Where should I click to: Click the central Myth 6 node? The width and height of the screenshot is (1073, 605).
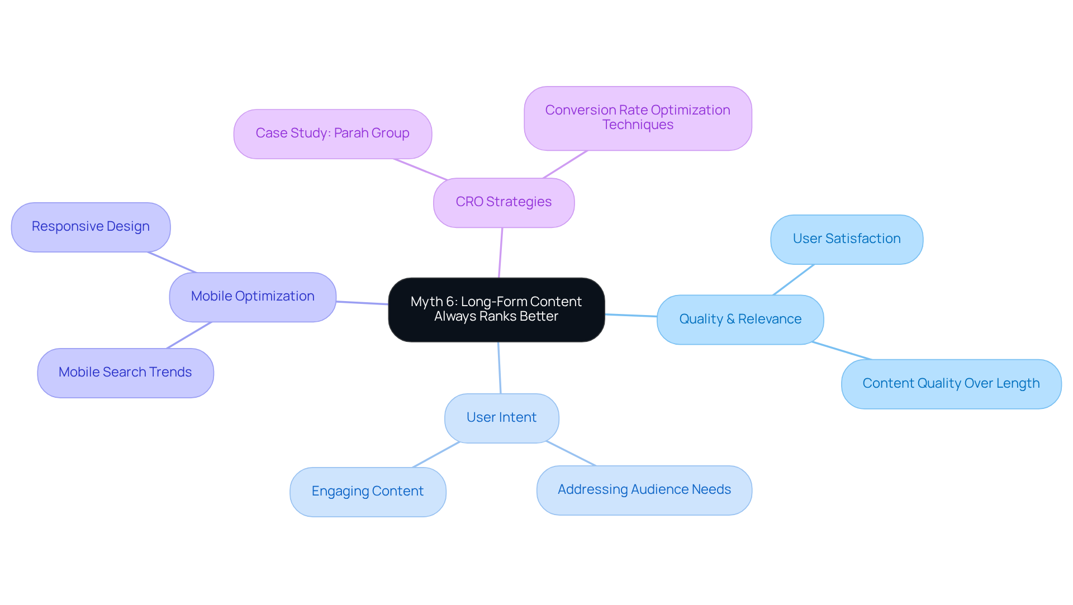496,309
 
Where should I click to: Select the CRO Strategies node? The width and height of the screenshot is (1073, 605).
504,202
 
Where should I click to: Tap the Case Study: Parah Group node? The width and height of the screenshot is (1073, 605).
333,134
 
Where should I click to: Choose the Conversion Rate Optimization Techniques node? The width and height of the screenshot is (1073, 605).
638,118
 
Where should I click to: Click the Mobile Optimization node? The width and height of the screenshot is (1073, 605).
253,297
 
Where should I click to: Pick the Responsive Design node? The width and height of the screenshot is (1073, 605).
91,227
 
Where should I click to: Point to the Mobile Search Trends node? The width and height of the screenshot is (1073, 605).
125,373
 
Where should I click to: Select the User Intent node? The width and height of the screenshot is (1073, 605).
501,418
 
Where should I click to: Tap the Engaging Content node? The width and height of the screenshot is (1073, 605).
368,492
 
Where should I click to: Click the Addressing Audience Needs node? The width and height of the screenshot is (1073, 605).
644,490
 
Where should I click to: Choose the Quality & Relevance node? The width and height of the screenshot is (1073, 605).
740,320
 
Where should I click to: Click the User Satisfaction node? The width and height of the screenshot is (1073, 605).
846,239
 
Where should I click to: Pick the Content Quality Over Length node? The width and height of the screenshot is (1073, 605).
951,384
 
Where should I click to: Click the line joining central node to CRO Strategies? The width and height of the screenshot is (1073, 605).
501,253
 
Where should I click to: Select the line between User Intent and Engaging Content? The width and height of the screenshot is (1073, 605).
436,455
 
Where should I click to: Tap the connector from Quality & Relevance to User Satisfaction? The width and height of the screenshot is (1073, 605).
794,280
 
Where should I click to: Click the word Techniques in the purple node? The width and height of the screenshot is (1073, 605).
638,125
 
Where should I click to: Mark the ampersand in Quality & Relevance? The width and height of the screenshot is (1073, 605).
730,320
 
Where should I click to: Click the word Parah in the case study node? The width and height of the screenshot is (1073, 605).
351,134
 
